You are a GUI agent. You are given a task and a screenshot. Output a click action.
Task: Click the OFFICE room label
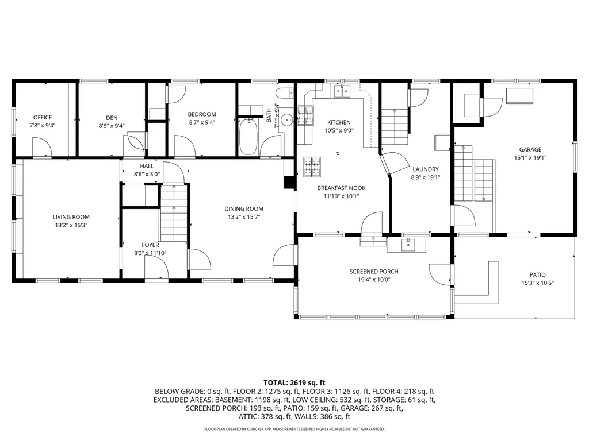click(43, 117)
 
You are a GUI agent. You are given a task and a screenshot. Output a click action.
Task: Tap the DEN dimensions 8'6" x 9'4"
click(112, 126)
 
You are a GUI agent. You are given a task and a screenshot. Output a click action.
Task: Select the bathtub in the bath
click(248, 137)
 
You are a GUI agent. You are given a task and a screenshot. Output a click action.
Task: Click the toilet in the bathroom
click(285, 92)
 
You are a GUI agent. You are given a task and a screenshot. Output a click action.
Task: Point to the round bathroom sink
click(288, 120)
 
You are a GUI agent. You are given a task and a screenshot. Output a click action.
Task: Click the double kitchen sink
click(342, 91)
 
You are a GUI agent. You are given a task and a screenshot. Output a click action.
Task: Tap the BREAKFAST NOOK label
click(341, 188)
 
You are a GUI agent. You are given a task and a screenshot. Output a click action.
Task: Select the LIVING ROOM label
click(71, 217)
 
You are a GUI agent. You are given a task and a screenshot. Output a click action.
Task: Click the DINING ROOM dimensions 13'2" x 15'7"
click(244, 216)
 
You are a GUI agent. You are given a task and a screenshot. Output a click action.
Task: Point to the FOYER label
click(150, 245)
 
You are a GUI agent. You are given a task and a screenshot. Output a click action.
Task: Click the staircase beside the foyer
click(174, 213)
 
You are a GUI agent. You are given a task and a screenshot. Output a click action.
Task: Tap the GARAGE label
click(530, 150)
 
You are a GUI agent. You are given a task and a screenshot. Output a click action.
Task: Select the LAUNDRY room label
click(425, 169)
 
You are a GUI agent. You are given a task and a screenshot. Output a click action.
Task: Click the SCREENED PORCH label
click(374, 272)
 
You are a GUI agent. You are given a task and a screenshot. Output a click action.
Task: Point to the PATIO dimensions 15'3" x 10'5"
click(538, 283)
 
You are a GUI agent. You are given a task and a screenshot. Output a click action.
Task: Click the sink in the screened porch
click(408, 245)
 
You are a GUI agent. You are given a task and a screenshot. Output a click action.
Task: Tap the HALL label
click(147, 166)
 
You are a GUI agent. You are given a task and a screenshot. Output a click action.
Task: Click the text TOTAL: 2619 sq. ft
click(294, 383)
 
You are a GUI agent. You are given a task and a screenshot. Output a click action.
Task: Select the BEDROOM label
click(202, 114)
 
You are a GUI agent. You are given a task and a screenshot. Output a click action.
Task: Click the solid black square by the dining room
click(289, 182)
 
